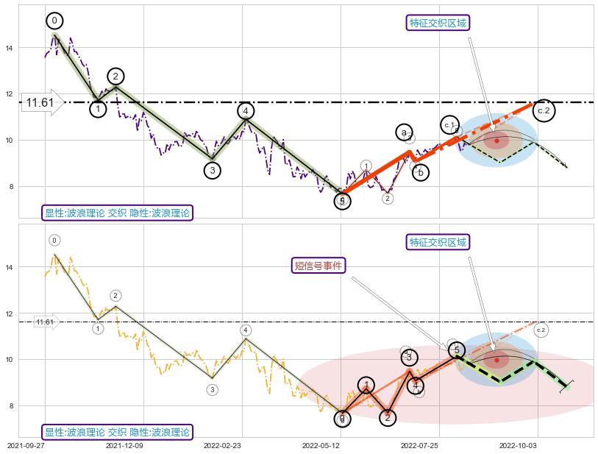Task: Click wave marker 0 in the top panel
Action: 55,21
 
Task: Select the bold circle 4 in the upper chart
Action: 246,111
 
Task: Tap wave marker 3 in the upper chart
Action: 212,171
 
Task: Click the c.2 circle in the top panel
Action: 544,110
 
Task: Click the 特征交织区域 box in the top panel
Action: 438,23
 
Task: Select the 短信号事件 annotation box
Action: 319,266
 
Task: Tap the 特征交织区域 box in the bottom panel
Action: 438,242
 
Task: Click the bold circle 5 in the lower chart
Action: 456,350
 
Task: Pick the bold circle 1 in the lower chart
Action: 366,385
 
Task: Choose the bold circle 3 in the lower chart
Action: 409,358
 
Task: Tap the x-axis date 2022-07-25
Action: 419,445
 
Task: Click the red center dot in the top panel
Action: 496,140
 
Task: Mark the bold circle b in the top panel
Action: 420,173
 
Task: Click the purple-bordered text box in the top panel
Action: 118,213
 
